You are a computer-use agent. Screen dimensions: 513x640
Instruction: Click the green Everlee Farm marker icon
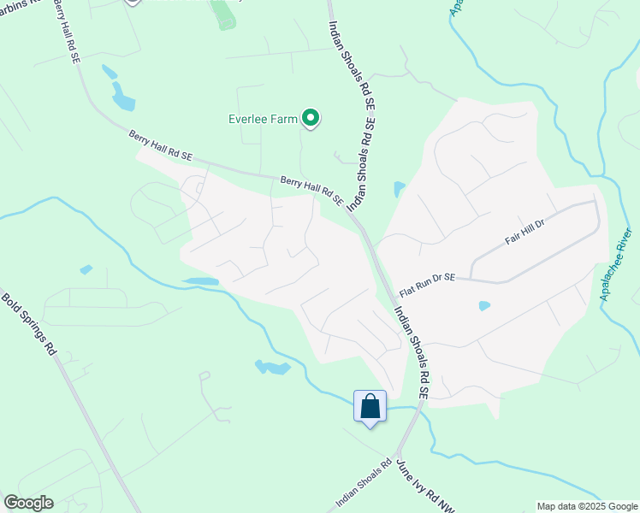(x=311, y=119)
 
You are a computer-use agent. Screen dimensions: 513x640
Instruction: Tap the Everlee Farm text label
(x=264, y=120)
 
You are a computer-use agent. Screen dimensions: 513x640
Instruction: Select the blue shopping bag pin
(x=370, y=407)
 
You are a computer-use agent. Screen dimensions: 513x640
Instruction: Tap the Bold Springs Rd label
(x=28, y=325)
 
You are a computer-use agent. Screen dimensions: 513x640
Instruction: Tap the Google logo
(x=29, y=503)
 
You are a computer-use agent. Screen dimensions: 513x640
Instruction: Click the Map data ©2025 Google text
(x=587, y=506)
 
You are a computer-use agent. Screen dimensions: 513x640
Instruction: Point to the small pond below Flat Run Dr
(x=484, y=305)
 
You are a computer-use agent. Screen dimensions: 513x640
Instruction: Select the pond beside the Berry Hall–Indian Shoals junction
(x=399, y=189)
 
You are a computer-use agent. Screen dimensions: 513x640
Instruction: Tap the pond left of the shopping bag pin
(x=272, y=368)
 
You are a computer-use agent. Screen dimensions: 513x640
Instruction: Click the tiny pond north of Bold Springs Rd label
(x=86, y=270)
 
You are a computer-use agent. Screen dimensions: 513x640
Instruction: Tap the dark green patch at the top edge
(x=224, y=15)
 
